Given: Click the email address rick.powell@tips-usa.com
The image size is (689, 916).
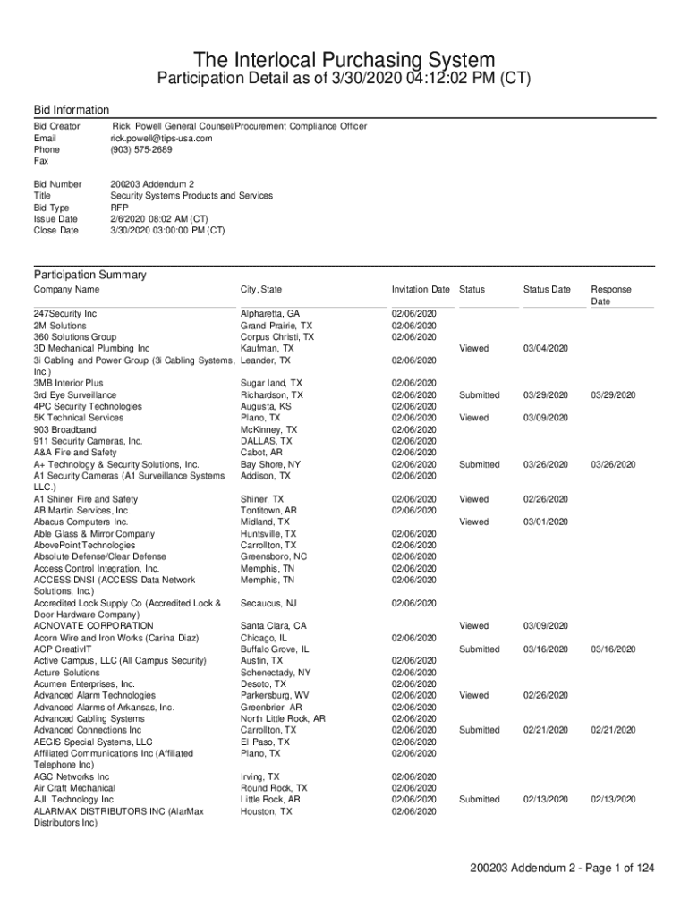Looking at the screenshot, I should pyautogui.click(x=161, y=139).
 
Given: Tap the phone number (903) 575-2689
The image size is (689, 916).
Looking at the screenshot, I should pyautogui.click(x=141, y=149).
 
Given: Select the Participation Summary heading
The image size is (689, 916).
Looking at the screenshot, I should pyautogui.click(x=89, y=275).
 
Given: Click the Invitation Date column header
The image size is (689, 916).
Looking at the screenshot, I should pyautogui.click(x=421, y=290).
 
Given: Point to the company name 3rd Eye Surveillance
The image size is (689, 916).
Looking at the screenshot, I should pyautogui.click(x=75, y=394).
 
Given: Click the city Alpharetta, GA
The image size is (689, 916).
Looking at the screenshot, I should pyautogui.click(x=270, y=314).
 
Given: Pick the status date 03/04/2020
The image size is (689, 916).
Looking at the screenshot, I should pyautogui.click(x=545, y=349).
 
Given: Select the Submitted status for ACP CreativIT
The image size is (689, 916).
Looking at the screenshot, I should pyautogui.click(x=479, y=649).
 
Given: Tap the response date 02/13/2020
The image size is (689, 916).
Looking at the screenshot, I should pyautogui.click(x=613, y=800).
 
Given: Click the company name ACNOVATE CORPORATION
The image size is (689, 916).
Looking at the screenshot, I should pyautogui.click(x=94, y=626).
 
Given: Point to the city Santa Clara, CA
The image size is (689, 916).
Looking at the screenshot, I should pyautogui.click(x=273, y=626).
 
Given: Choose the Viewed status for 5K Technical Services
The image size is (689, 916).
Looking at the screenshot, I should pyautogui.click(x=474, y=418).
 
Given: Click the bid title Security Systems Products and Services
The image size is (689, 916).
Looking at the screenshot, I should pyautogui.click(x=191, y=196).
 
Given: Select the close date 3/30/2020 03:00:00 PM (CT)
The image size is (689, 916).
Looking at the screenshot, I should pyautogui.click(x=167, y=230).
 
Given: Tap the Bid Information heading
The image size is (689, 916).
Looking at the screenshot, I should pyautogui.click(x=72, y=109).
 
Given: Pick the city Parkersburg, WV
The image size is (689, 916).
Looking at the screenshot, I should pyautogui.click(x=275, y=695).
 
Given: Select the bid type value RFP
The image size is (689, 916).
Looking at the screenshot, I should pyautogui.click(x=119, y=207).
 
